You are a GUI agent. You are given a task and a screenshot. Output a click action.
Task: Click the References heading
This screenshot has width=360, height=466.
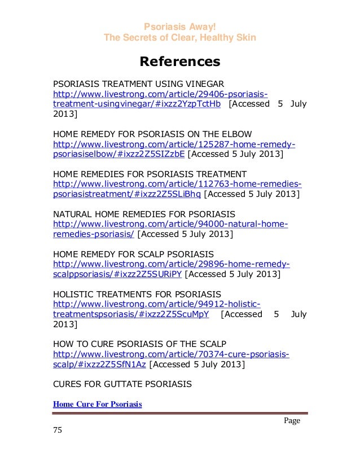point(179,61)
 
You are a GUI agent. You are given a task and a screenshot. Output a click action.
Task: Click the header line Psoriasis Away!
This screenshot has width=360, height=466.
point(179,27)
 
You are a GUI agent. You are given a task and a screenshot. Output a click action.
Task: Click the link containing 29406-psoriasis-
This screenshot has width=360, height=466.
point(160,94)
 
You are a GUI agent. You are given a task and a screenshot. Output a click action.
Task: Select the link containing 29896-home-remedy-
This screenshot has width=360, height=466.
point(171,265)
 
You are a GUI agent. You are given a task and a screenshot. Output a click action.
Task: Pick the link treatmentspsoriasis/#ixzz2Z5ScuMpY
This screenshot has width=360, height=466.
point(130,315)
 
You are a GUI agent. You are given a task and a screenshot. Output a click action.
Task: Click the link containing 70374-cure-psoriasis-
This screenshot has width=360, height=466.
point(170,355)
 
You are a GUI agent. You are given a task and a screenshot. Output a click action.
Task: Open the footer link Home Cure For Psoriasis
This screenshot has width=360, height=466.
point(97,405)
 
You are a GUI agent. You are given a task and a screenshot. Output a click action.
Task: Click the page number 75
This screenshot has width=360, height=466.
point(57,431)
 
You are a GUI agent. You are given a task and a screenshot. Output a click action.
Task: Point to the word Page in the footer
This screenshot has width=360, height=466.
point(292,421)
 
